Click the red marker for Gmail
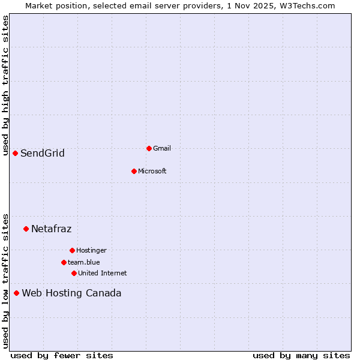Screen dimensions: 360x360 (x=149, y=148)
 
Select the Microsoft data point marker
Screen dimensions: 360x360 (x=134, y=171)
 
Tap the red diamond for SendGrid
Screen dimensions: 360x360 (x=15, y=153)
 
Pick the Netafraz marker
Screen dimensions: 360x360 (x=26, y=229)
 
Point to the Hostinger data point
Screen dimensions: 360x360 (x=72, y=250)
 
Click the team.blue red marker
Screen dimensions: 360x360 (x=64, y=262)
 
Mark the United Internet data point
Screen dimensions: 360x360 (x=74, y=273)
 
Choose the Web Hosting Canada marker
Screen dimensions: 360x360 (x=16, y=293)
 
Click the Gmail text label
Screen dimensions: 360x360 (x=162, y=148)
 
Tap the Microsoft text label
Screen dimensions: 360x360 (x=152, y=171)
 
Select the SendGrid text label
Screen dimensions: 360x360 (x=43, y=153)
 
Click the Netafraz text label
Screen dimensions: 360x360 (x=51, y=229)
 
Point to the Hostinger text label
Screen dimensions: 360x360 (x=91, y=250)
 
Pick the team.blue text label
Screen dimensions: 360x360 (x=83, y=262)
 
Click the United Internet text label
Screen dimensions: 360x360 (x=102, y=273)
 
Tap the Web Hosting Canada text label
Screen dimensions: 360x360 (x=71, y=293)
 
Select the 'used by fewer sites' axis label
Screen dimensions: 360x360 (x=62, y=355)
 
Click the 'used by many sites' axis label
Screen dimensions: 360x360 (x=301, y=355)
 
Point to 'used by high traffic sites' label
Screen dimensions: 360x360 (x=5, y=85)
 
